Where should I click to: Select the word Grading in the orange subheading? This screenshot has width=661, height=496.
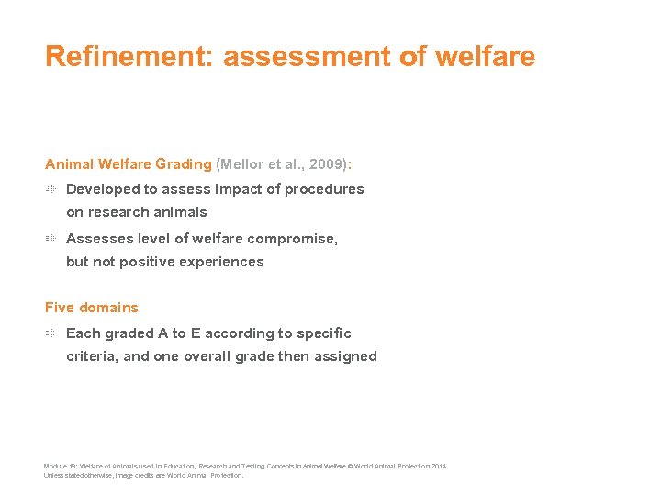[183, 164]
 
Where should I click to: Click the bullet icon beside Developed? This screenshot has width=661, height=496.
[51, 189]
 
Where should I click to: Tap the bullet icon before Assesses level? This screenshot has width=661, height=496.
[51, 239]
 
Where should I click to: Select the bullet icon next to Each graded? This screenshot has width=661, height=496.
[51, 333]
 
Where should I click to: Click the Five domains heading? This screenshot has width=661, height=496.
[92, 308]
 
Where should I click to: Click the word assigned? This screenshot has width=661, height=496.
[345, 356]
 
